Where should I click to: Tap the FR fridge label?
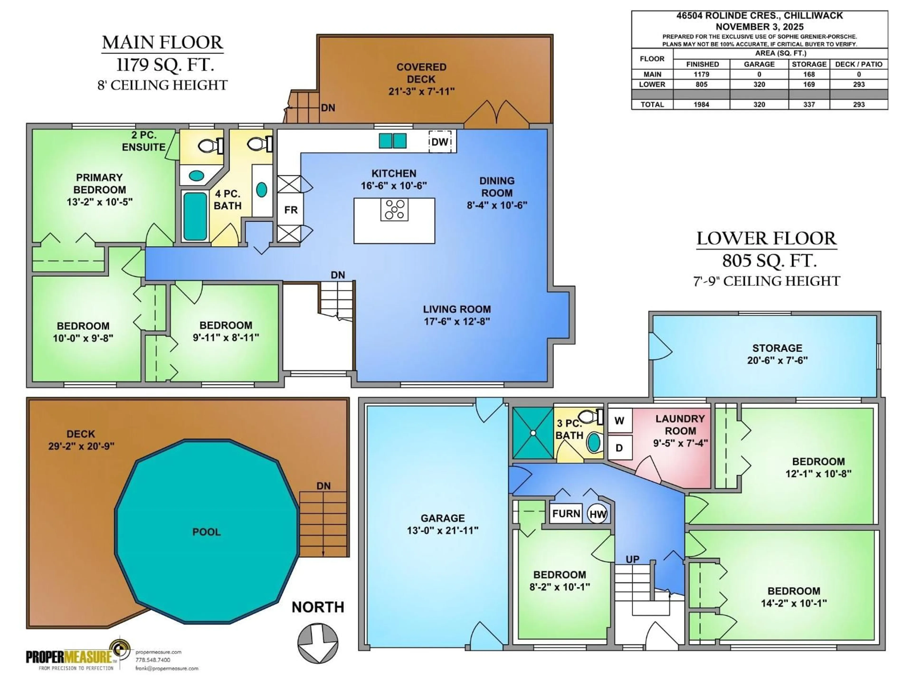[291, 210]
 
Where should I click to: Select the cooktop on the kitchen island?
[394, 209]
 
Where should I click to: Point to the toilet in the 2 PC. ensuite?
[207, 146]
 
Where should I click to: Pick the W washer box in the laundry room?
[619, 421]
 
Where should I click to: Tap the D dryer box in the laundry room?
[619, 448]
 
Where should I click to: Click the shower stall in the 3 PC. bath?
[533, 433]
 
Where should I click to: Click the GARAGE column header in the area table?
[759, 64]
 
